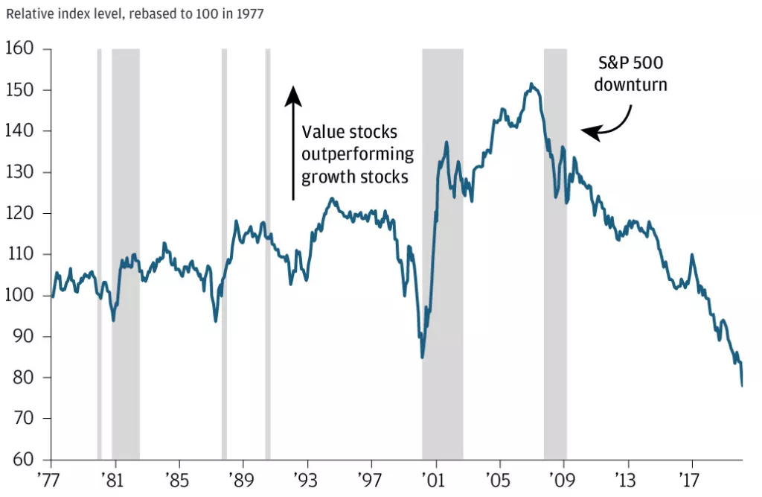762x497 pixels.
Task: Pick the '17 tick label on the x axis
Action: pyautogui.click(x=691, y=478)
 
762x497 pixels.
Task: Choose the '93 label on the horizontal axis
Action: pyautogui.click(x=306, y=478)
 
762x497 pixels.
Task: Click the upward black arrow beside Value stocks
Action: pyautogui.click(x=293, y=142)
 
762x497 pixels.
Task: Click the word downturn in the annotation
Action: pyautogui.click(x=630, y=85)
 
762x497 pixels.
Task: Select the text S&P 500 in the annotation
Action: pyautogui.click(x=630, y=64)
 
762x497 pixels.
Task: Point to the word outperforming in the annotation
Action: pyautogui.click(x=358, y=154)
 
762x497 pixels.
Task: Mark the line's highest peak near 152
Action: pyautogui.click(x=531, y=83)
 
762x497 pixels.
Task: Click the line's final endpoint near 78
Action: pyautogui.click(x=742, y=385)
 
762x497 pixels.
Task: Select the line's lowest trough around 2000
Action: pyautogui.click(x=422, y=357)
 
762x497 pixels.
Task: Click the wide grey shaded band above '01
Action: pyautogui.click(x=442, y=253)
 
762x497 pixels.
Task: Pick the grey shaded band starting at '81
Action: pyautogui.click(x=125, y=253)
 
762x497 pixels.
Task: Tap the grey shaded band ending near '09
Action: pyautogui.click(x=555, y=253)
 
